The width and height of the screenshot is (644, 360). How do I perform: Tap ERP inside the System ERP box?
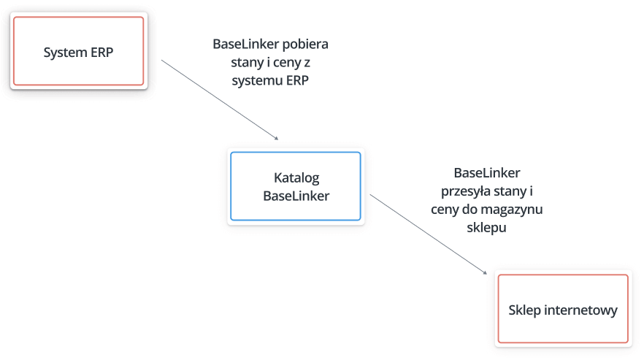pyautogui.click(x=102, y=52)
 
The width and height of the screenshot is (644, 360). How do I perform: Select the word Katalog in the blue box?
pyautogui.click(x=296, y=178)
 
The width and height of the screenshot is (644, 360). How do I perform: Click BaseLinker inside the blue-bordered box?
pyautogui.click(x=296, y=196)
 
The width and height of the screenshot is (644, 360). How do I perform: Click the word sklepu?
pyautogui.click(x=487, y=227)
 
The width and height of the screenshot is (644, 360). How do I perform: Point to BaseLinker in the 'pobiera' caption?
pyautogui.click(x=245, y=44)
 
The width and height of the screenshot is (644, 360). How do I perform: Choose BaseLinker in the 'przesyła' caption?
pyautogui.click(x=487, y=172)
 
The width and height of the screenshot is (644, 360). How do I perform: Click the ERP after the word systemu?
pyautogui.click(x=297, y=80)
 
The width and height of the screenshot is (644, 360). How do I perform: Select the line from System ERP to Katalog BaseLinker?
pyautogui.click(x=220, y=100)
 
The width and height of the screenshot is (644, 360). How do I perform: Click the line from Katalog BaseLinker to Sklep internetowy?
pyautogui.click(x=429, y=234)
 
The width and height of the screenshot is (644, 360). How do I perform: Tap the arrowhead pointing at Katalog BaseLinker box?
pyautogui.click(x=277, y=139)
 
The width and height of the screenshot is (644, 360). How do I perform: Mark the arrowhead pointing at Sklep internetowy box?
pyautogui.click(x=485, y=272)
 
